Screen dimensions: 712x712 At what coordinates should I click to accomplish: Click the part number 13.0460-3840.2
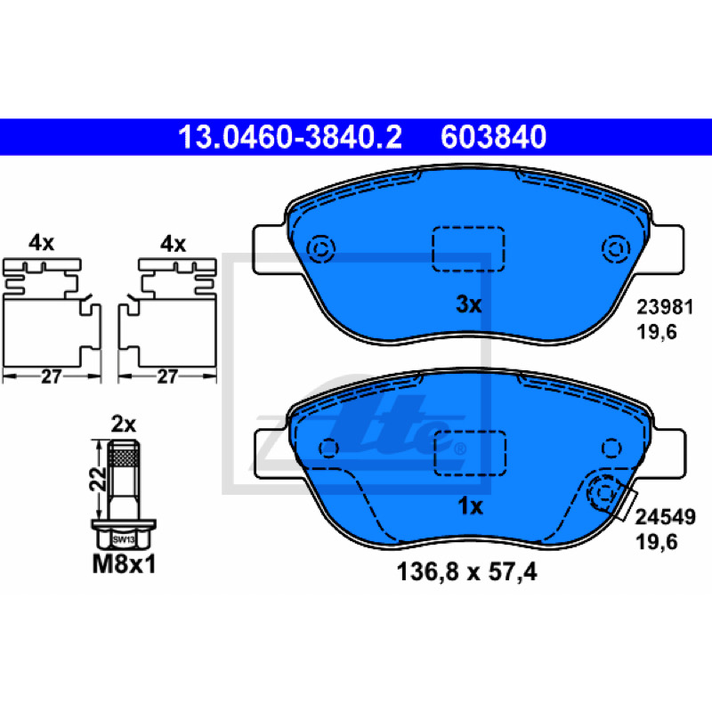(x=290, y=137)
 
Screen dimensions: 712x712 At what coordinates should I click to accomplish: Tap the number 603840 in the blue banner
(x=493, y=137)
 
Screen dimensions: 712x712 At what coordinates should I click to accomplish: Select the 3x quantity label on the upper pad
(x=469, y=304)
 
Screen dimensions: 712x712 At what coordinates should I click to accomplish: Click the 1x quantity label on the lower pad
(x=470, y=506)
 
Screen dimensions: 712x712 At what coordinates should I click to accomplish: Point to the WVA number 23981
(x=665, y=307)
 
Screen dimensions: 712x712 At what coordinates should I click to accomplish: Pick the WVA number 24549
(x=665, y=517)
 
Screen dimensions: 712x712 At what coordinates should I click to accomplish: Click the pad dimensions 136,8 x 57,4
(x=466, y=572)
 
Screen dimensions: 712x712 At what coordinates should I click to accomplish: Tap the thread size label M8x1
(x=124, y=565)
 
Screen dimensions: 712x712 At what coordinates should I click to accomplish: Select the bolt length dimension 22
(x=98, y=480)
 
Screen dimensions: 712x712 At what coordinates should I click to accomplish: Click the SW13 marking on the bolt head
(x=124, y=540)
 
